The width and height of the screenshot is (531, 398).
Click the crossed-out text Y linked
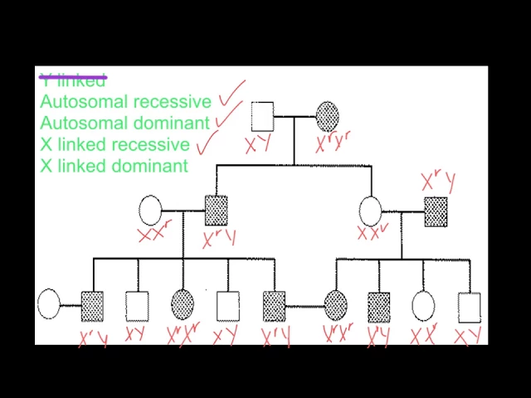(x=73, y=80)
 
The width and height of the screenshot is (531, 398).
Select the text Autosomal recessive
(x=125, y=102)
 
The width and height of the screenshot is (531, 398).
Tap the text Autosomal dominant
(x=124, y=124)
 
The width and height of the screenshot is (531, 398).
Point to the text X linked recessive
(x=114, y=145)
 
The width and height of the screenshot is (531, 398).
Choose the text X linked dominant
(x=114, y=166)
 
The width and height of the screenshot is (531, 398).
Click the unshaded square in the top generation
(x=262, y=116)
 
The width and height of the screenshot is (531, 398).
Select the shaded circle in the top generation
(x=327, y=116)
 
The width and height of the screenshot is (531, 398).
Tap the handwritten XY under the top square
(x=257, y=145)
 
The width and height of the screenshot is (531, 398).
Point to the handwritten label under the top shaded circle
(x=332, y=143)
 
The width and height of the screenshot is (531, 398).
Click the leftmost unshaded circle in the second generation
(x=150, y=211)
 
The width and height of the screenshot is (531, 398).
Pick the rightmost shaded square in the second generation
(x=436, y=211)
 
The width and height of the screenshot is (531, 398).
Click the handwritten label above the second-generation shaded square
(x=436, y=182)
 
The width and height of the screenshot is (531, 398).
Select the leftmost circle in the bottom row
(x=49, y=304)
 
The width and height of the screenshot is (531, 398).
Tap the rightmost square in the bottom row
(x=469, y=307)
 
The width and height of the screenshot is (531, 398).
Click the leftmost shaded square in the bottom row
(x=92, y=306)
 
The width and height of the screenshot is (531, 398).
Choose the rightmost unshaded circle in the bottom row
(x=423, y=306)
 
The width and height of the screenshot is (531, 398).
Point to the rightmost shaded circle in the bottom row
(x=335, y=306)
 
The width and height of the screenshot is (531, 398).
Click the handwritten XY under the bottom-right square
(x=468, y=337)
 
